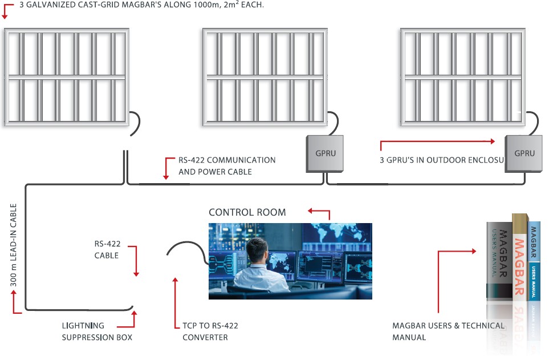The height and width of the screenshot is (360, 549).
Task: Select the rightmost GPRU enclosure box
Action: (524, 153)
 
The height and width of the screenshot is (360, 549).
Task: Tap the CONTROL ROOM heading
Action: (247, 212)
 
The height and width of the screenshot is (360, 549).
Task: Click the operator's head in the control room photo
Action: (258, 250)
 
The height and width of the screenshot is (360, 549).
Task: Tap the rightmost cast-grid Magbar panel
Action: (462, 77)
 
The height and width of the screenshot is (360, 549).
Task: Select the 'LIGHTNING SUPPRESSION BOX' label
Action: (97, 331)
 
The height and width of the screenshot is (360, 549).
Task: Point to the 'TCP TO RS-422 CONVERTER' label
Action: (210, 331)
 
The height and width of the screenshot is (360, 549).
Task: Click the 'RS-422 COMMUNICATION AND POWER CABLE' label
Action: (227, 165)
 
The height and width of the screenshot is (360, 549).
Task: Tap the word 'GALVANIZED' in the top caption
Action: (59, 4)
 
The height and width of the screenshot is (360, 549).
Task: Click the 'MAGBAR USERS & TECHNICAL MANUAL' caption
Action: (448, 331)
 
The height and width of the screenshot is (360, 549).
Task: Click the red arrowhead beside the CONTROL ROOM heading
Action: (311, 211)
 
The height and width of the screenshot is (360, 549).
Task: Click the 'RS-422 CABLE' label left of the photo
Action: (107, 249)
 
